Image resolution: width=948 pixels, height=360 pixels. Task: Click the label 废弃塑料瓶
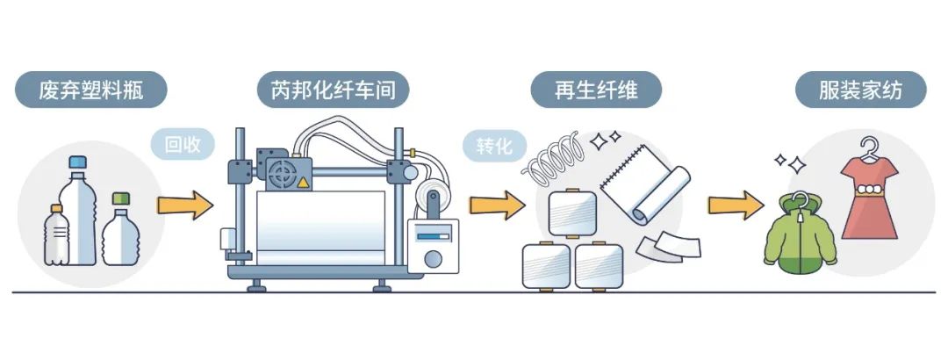(90, 90)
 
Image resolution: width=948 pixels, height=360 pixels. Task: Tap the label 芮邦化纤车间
(333, 90)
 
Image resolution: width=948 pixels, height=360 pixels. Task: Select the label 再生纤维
(596, 90)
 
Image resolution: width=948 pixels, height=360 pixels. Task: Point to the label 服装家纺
(860, 90)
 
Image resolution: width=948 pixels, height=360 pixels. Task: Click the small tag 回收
(183, 145)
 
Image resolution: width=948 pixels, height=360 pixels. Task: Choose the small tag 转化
(494, 145)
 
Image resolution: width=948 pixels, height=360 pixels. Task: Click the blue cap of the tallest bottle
(77, 162)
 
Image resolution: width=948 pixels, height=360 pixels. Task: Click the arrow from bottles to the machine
(185, 205)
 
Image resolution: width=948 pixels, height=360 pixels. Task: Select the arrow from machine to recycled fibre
(498, 205)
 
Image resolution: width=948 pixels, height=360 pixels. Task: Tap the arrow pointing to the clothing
(736, 205)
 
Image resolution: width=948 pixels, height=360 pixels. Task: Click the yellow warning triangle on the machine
(302, 182)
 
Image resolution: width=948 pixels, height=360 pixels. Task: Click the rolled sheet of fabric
(645, 184)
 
